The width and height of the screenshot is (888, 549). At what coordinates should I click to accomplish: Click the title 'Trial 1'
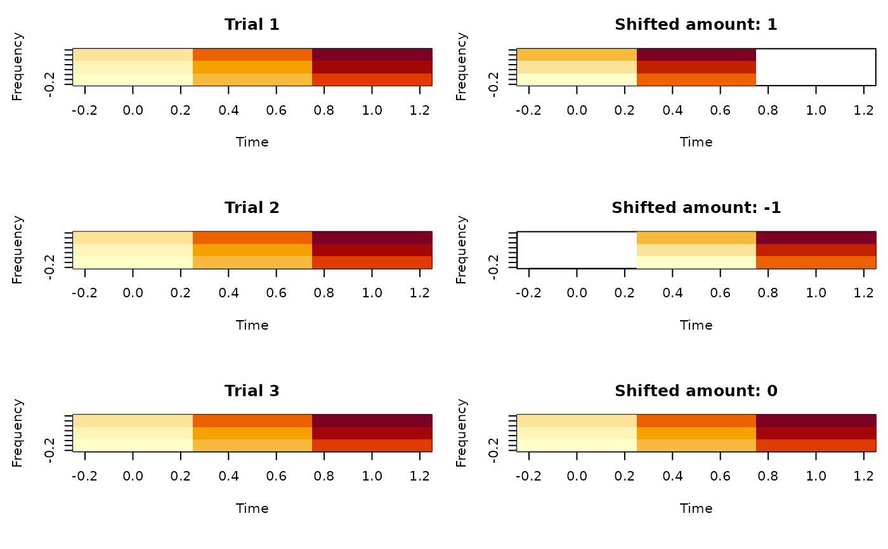(252, 25)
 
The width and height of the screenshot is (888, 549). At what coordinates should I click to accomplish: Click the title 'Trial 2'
(252, 208)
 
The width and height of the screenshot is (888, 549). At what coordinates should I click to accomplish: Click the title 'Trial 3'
(252, 391)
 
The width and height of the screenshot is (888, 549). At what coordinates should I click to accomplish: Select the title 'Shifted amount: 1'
(696, 25)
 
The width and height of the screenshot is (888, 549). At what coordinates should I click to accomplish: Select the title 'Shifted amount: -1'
(696, 208)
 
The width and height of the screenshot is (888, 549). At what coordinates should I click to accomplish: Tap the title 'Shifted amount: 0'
(696, 391)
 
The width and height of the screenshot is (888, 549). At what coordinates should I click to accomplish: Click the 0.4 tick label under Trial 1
(228, 110)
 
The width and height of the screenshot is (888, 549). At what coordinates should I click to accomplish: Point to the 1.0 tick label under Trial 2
(372, 294)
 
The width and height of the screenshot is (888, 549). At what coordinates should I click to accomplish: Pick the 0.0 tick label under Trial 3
(133, 477)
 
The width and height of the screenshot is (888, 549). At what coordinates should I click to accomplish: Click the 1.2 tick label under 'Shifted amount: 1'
(864, 110)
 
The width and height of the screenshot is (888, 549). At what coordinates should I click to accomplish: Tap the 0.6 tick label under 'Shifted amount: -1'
(720, 294)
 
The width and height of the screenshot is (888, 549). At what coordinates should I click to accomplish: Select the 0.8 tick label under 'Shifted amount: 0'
(768, 477)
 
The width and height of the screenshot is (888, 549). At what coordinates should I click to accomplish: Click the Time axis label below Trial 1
(252, 142)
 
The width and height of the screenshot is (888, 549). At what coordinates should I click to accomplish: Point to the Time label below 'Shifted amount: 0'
(696, 508)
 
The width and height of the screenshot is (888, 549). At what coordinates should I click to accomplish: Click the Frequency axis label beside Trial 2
(18, 250)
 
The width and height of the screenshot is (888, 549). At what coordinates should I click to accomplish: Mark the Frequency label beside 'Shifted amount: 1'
(462, 67)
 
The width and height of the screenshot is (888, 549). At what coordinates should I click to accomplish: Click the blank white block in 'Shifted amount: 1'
(816, 67)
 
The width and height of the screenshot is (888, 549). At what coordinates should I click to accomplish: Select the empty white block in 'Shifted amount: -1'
(577, 250)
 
